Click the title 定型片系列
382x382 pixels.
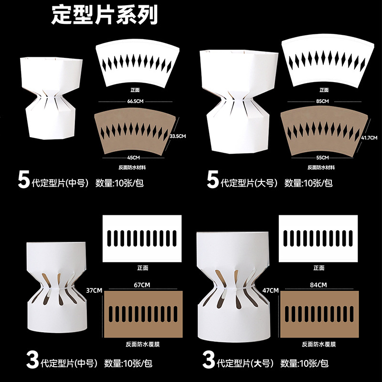(105, 16)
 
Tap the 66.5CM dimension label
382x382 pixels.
(135, 101)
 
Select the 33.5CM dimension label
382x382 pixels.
(178, 136)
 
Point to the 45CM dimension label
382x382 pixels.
(134, 158)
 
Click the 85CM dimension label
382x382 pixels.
(322, 101)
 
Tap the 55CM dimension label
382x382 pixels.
(322, 158)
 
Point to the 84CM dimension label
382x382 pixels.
(318, 285)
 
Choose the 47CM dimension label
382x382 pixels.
(270, 290)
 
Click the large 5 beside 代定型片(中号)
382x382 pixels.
(24, 181)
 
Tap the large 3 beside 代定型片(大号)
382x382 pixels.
(208, 361)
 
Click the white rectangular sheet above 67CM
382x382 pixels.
(143, 237)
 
